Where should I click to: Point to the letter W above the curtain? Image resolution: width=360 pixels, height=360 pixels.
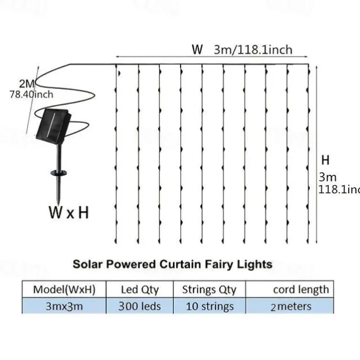pos(197,50)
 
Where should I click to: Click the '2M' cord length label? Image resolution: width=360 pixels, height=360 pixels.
pos(27,82)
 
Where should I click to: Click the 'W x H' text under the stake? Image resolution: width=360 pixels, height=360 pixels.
pos(68,212)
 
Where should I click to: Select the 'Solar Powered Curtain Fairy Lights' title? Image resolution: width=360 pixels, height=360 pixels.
pos(172,264)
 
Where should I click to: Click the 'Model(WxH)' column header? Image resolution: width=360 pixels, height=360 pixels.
pos(64,289)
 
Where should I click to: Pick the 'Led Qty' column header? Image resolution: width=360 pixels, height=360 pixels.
pos(139,289)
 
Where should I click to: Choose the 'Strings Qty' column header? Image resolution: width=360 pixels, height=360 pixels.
pos(209,289)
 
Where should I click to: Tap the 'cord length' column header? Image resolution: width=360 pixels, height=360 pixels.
pos(300,289)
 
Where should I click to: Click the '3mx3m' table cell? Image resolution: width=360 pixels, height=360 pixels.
pos(64,306)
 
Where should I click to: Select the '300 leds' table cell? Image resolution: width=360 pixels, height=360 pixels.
pos(139,306)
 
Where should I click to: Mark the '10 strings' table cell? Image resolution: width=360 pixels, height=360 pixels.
pos(209,306)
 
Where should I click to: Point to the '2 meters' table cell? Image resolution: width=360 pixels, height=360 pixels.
pos(291,306)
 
